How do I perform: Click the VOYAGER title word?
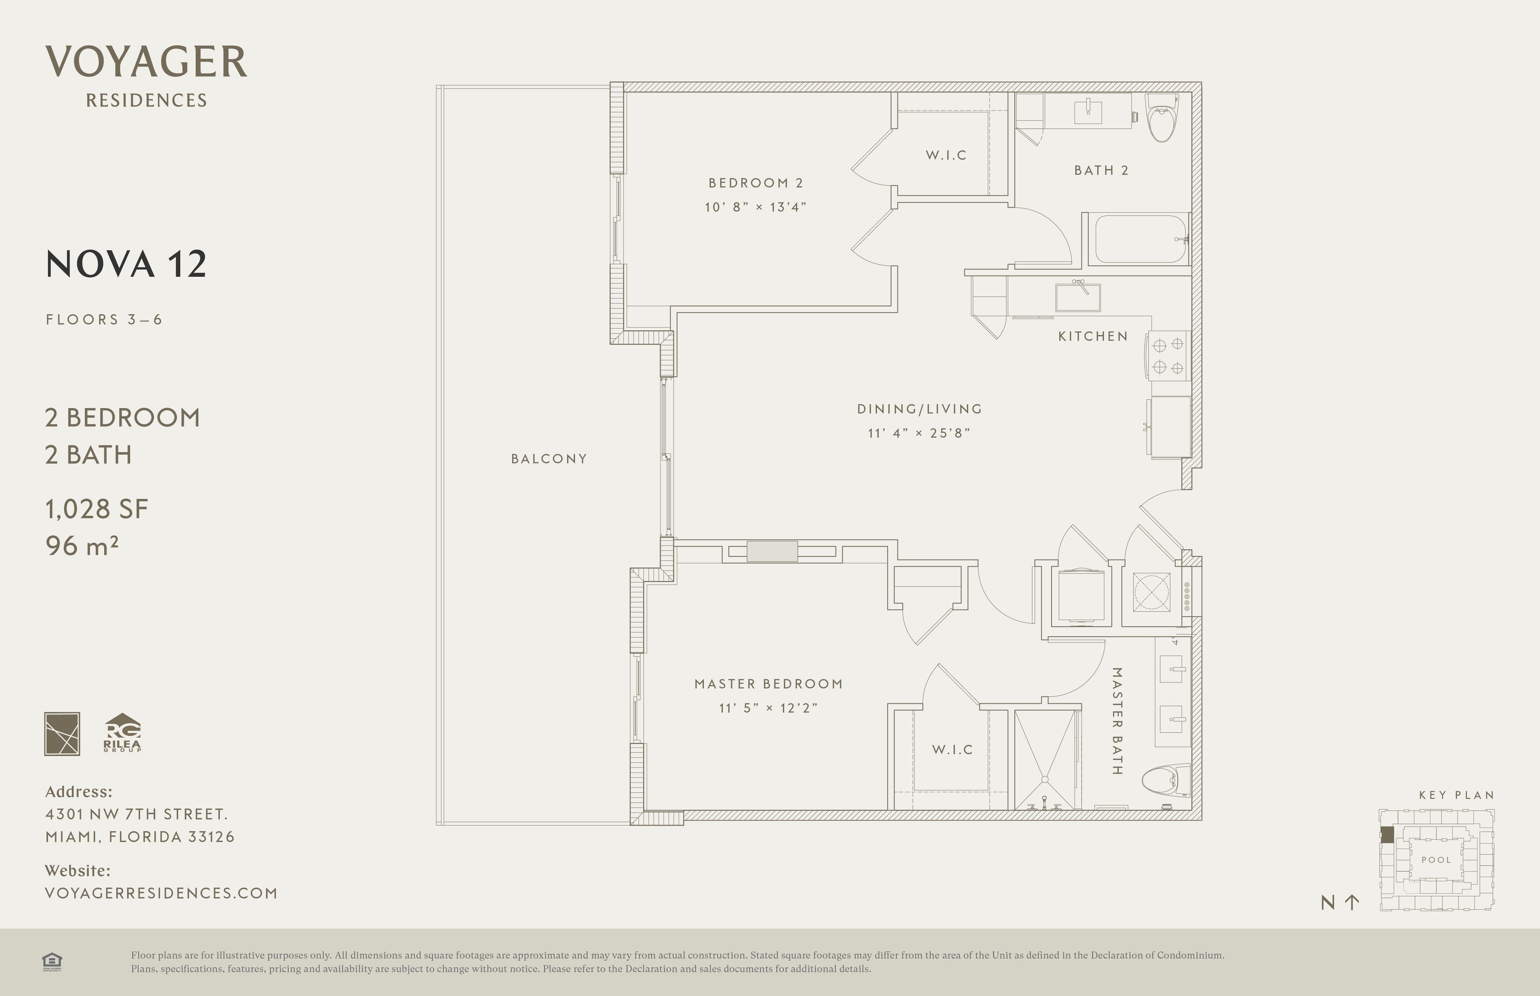pyautogui.click(x=146, y=62)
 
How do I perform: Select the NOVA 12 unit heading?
pyautogui.click(x=126, y=265)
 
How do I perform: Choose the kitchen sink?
pyautogui.click(x=1077, y=297)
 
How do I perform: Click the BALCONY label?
pyautogui.click(x=549, y=459)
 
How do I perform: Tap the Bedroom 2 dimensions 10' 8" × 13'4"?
pyautogui.click(x=755, y=207)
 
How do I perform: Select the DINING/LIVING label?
pyautogui.click(x=920, y=409)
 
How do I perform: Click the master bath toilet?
pyautogui.click(x=1166, y=781)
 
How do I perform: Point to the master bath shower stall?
pyautogui.click(x=1044, y=760)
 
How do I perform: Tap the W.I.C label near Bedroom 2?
pyautogui.click(x=946, y=155)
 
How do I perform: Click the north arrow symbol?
pyautogui.click(x=1352, y=902)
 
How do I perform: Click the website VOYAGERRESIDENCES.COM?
pyautogui.click(x=161, y=893)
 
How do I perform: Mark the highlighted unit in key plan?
pyautogui.click(x=1387, y=834)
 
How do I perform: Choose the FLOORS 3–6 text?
pyautogui.click(x=103, y=319)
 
